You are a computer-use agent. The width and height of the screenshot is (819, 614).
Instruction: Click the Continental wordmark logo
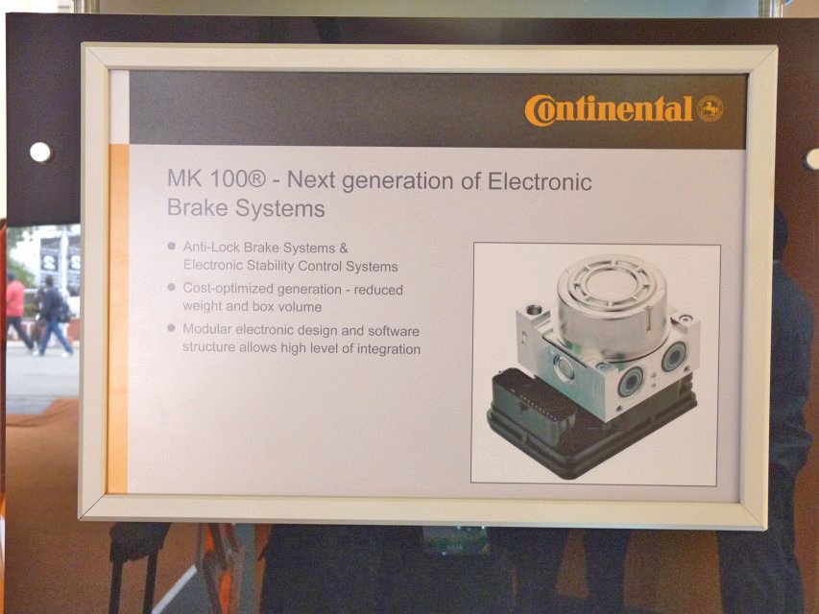(x=608, y=110)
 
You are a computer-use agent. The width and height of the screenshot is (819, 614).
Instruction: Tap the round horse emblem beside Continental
(x=710, y=108)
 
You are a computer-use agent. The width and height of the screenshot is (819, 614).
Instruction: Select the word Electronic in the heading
(x=540, y=181)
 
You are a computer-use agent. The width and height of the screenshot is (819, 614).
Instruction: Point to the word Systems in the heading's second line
(x=280, y=209)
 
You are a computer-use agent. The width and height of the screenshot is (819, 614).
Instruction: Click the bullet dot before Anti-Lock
(x=171, y=246)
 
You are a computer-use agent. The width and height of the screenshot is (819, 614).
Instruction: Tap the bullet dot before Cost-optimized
(x=171, y=287)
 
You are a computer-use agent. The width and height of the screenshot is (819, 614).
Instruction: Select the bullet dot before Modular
(x=171, y=328)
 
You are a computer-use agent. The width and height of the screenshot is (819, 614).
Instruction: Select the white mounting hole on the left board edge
(x=40, y=153)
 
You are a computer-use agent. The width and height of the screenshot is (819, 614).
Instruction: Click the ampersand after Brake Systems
(x=343, y=248)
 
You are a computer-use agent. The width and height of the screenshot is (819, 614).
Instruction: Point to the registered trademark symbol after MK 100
(x=255, y=179)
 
